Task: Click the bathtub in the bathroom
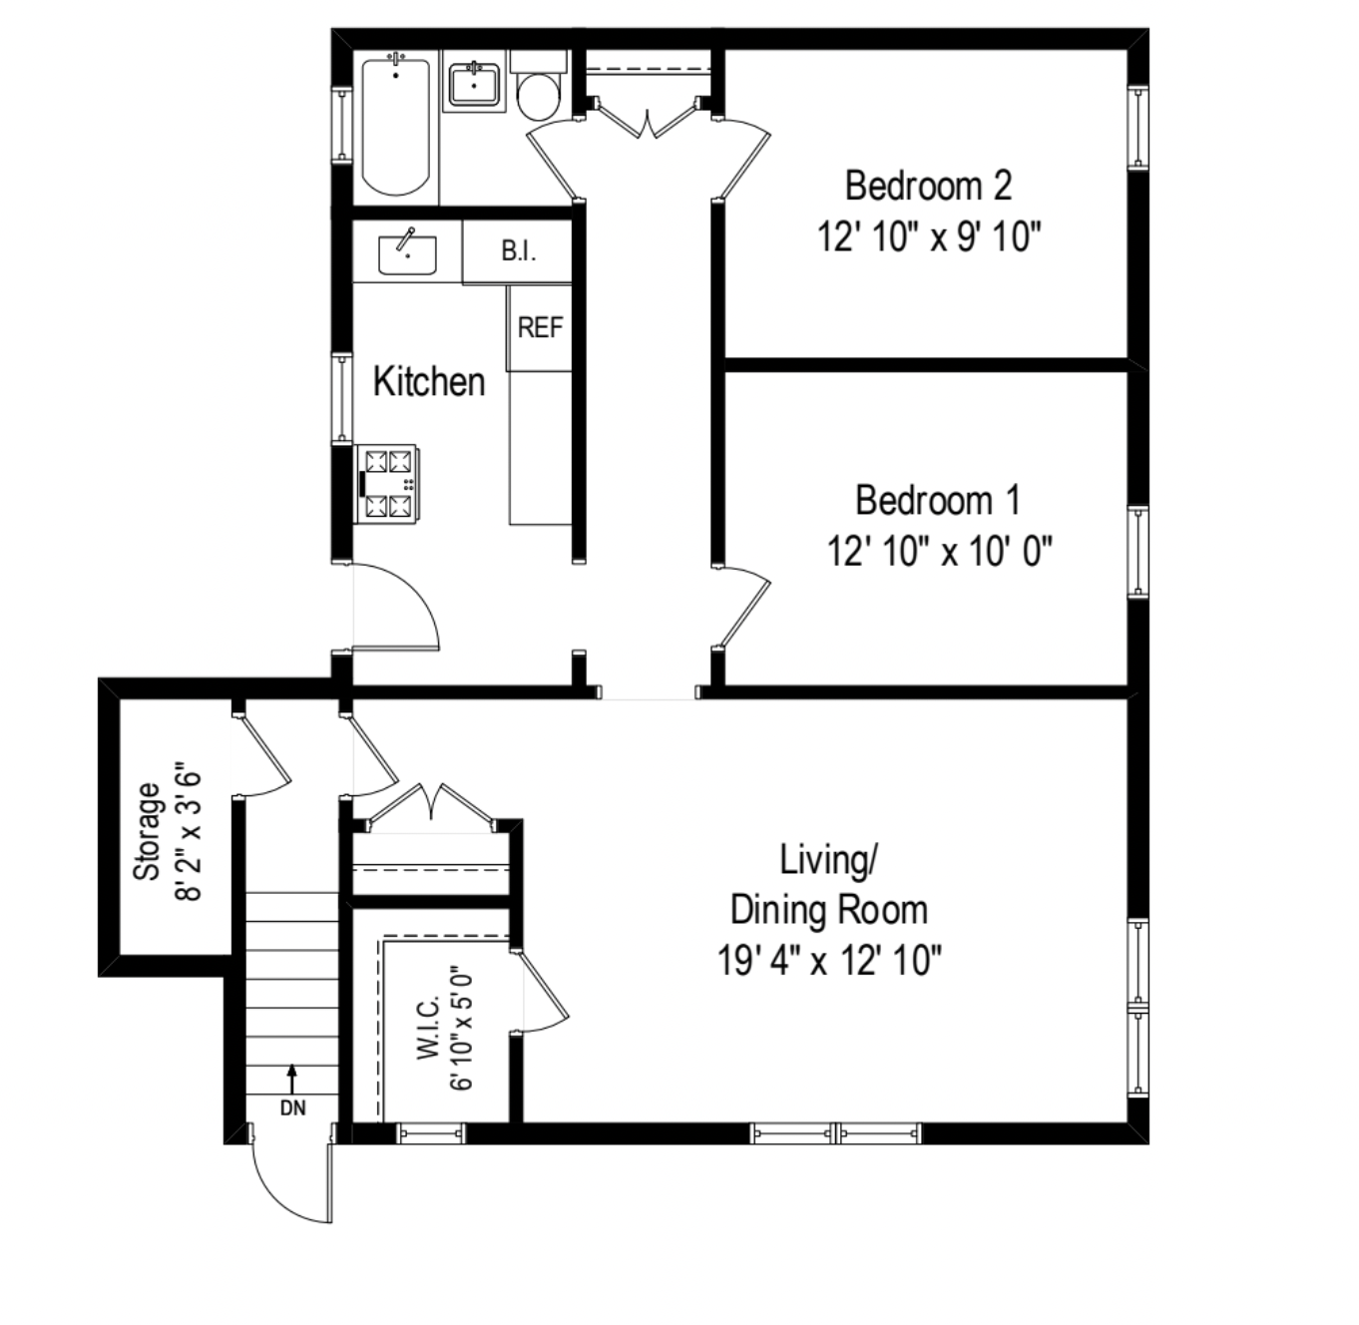[x=396, y=127]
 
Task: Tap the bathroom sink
[x=474, y=85]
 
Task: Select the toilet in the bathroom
[x=539, y=92]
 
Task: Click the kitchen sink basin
[x=407, y=255]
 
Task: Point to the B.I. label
[x=518, y=251]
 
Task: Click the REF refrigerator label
[x=540, y=327]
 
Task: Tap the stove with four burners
[x=388, y=483]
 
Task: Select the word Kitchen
[x=429, y=381]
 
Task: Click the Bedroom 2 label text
[x=928, y=186]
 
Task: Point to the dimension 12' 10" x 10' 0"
[x=939, y=551]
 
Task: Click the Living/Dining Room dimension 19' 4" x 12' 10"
[x=829, y=961]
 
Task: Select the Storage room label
[x=147, y=831]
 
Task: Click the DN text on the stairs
[x=292, y=1107]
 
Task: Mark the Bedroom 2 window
[x=1137, y=126]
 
